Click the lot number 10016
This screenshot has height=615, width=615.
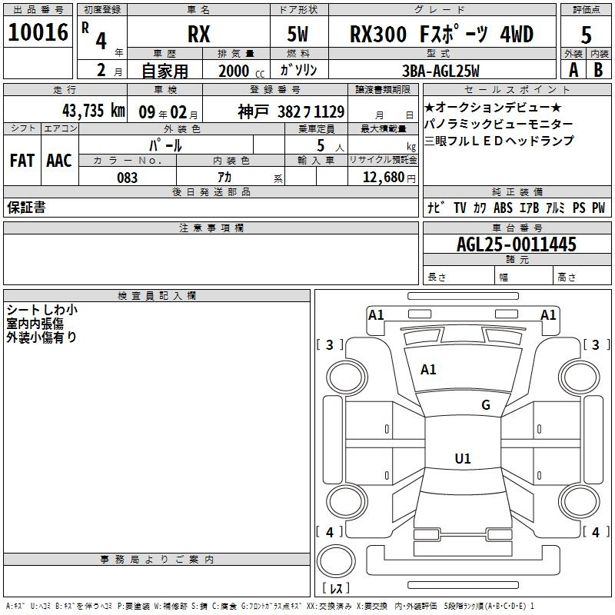click(38, 32)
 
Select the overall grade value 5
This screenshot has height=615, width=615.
click(586, 35)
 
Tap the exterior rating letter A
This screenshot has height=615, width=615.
click(573, 70)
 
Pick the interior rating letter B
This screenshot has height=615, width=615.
click(598, 70)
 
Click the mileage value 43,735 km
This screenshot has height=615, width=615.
click(93, 111)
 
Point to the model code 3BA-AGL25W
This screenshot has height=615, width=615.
click(440, 71)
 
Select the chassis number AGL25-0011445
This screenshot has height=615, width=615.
click(517, 244)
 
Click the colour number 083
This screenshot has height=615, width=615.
click(127, 178)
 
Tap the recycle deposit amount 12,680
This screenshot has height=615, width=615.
click(384, 178)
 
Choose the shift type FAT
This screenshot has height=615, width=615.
click(22, 161)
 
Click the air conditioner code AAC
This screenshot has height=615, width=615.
click(59, 161)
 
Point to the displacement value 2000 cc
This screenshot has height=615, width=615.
click(241, 71)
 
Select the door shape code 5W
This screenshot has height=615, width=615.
click(298, 34)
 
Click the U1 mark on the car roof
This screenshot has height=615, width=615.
click(463, 458)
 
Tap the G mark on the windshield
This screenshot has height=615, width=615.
click(486, 404)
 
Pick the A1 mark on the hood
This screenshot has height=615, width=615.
click(428, 370)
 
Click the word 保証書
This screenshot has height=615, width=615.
click(26, 208)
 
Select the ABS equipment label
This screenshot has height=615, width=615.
click(503, 208)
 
